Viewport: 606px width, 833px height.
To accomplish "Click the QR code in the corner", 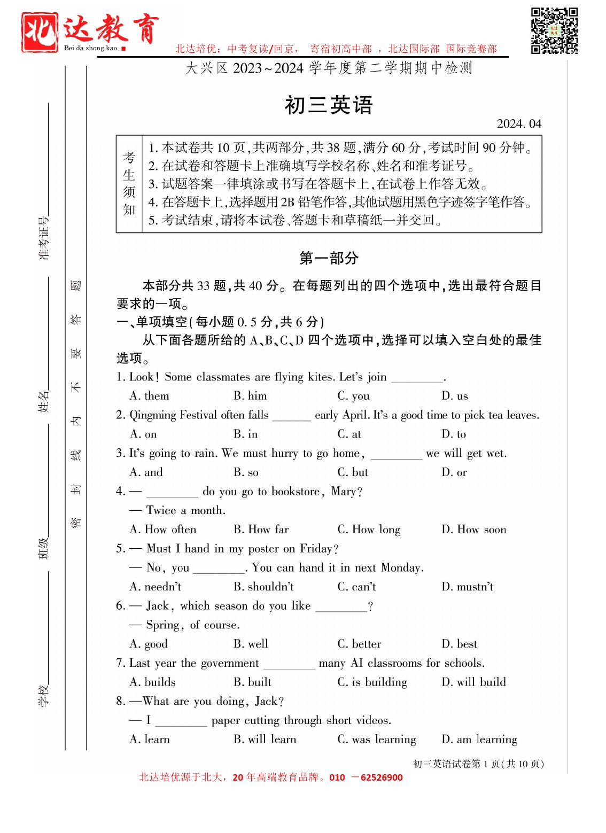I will pos(554,30).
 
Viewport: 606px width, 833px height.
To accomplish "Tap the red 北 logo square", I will pos(40,32).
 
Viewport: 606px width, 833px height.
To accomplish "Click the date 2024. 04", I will pos(518,124).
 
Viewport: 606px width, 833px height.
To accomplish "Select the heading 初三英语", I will pos(328,105).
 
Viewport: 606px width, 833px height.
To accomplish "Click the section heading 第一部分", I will pos(329,259).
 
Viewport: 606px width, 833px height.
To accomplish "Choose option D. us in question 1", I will pos(454,396).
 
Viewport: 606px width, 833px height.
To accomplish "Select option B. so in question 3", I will pos(246,472).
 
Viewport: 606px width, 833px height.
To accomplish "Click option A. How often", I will pos(163,530).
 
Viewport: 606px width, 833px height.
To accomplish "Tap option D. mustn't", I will pos(467,587).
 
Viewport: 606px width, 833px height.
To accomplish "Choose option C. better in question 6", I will pos(359,644).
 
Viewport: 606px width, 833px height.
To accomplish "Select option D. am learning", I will pos(479,739).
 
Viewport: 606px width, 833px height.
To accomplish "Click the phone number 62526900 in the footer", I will pos(381,777).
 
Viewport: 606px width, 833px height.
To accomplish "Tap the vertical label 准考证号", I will pos(43,238).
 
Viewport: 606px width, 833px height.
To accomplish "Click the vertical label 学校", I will pos(43,695).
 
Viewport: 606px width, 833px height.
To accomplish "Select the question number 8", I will pos(121,701).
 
